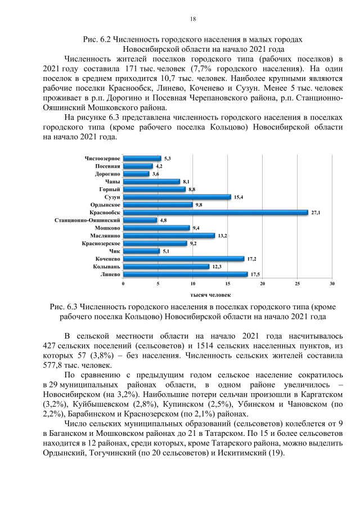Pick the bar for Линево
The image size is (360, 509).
[x=185, y=274]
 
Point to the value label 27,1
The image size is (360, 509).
[x=316, y=213]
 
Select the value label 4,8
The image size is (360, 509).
[x=162, y=220]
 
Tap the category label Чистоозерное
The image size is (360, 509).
[x=102, y=159]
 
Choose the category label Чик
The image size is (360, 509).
[x=114, y=251]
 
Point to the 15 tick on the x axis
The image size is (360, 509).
[x=228, y=284]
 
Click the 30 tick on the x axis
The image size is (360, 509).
[x=332, y=284]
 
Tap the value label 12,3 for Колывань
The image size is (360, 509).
[x=215, y=267]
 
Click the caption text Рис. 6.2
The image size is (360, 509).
[x=96, y=40]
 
